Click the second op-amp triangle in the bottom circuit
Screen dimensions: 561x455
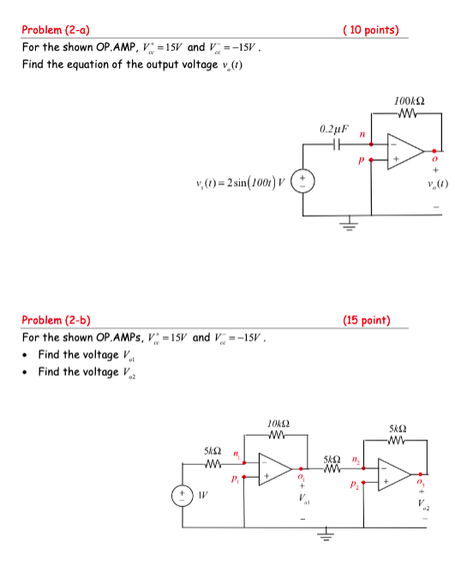click(x=394, y=474)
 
